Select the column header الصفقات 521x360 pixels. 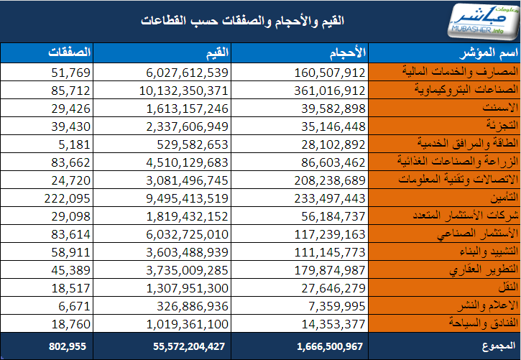point(70,52)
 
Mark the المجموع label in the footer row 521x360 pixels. point(495,346)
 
